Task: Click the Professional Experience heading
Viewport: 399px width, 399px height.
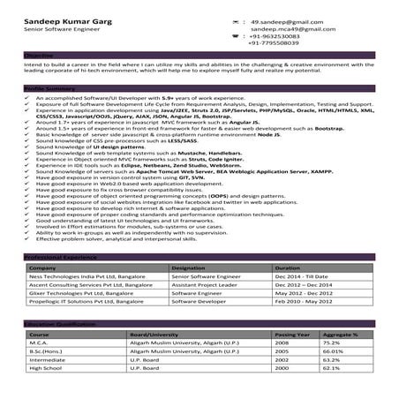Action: click(59, 256)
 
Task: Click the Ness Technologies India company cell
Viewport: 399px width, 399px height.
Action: click(78, 276)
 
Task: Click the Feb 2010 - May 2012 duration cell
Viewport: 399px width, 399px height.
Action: click(301, 304)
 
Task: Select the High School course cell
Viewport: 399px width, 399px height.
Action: click(43, 368)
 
